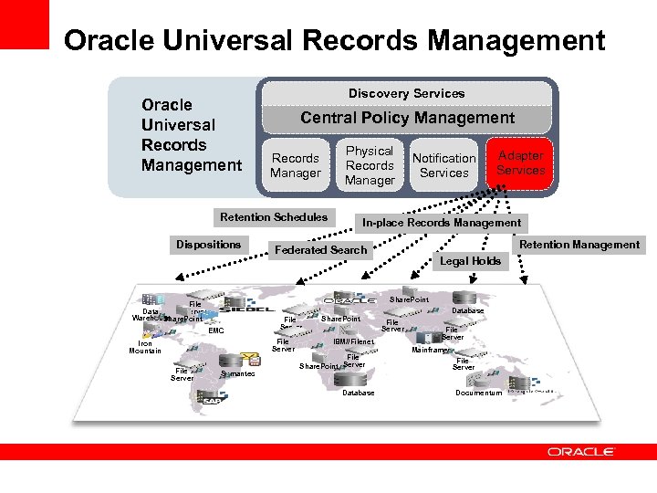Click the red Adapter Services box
point(520,163)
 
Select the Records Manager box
point(296,165)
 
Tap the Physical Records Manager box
point(370,165)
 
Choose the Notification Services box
point(444,165)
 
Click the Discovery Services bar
point(406,93)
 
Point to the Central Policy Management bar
point(407,118)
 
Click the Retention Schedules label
point(273,217)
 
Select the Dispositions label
point(209,245)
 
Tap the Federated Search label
point(320,250)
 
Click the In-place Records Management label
point(442,223)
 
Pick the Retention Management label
point(579,245)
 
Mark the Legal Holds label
point(471,261)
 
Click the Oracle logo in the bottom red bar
point(581,451)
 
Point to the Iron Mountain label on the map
point(145,347)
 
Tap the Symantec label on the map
point(238,374)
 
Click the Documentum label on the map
point(478,393)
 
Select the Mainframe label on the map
point(429,350)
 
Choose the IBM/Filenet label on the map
point(354,342)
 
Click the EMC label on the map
point(215,330)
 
